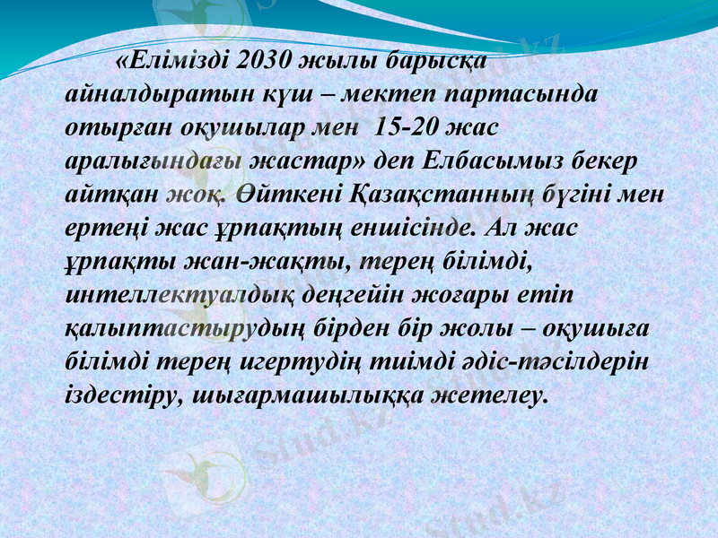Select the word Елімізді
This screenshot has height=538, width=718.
175,62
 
